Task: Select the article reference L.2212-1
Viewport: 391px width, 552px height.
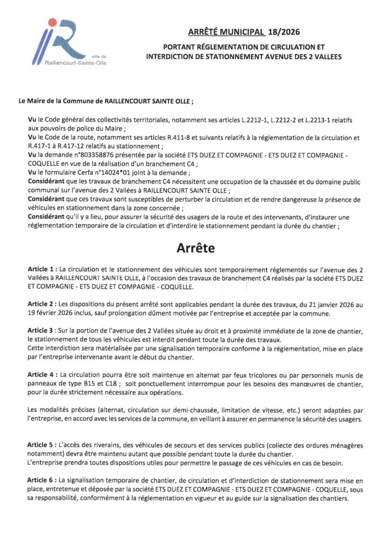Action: coord(264,118)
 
